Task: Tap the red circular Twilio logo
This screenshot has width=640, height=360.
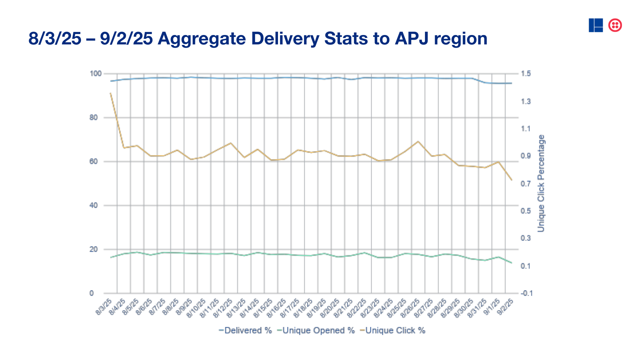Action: [615, 25]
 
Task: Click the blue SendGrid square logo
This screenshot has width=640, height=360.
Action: [596, 25]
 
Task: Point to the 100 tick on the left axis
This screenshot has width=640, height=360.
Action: [96, 74]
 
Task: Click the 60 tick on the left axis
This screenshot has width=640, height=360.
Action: [94, 162]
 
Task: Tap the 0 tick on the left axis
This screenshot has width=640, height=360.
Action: [92, 293]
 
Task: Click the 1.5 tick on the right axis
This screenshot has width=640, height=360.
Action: [526, 74]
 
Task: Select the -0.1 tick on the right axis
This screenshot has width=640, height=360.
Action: [527, 293]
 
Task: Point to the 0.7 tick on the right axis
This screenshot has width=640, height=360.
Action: [526, 184]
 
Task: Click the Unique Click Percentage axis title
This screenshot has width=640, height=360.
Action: [541, 183]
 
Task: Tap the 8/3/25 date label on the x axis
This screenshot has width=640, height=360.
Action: [104, 307]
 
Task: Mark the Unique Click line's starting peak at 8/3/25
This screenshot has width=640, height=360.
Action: [111, 93]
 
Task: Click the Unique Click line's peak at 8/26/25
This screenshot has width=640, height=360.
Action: [418, 141]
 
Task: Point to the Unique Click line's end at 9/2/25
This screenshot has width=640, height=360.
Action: [512, 180]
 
